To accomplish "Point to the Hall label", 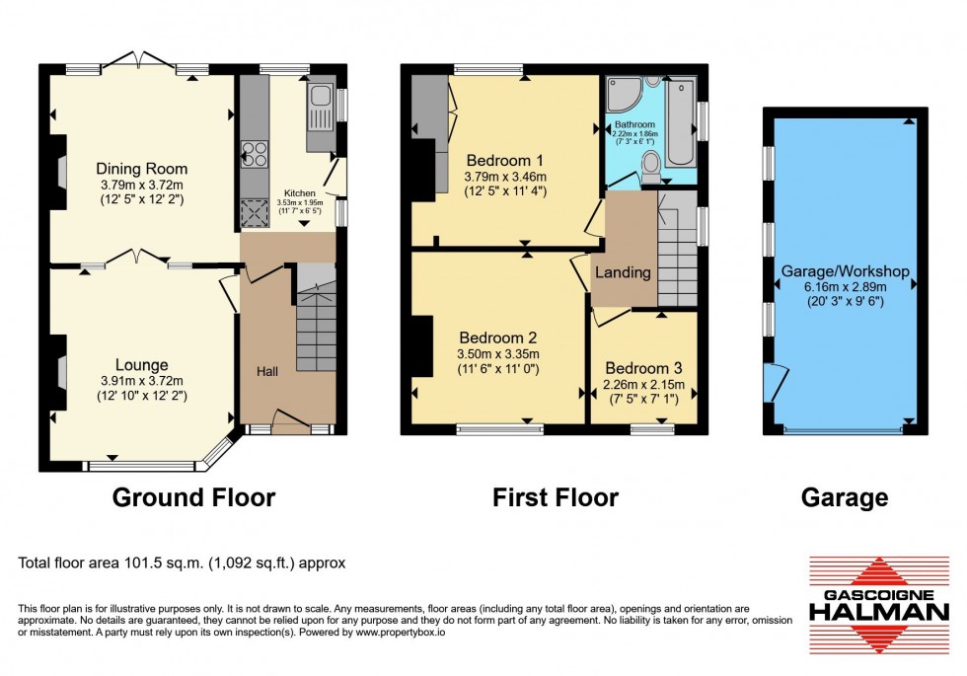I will coord(267,371).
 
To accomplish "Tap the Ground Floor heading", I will coord(193,497).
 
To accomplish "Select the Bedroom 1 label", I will coord(504,160).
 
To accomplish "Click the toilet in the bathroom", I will coord(652,174).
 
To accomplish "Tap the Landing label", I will coord(623,272).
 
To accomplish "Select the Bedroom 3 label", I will coord(643,366).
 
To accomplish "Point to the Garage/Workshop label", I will coord(845,271).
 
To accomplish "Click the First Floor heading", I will coord(556,497).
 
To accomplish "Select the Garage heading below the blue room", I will coord(845,497).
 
